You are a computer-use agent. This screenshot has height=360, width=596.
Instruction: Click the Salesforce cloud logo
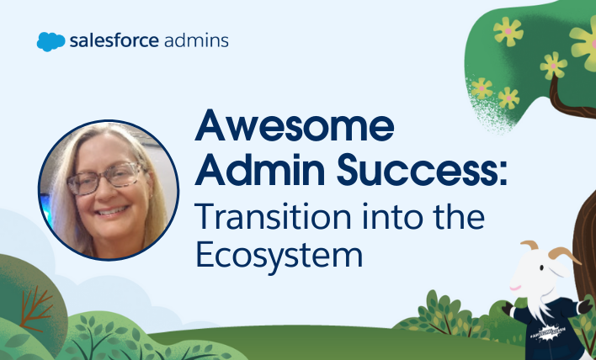(x=51, y=41)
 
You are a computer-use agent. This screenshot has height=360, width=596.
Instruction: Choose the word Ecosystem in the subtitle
(x=279, y=255)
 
